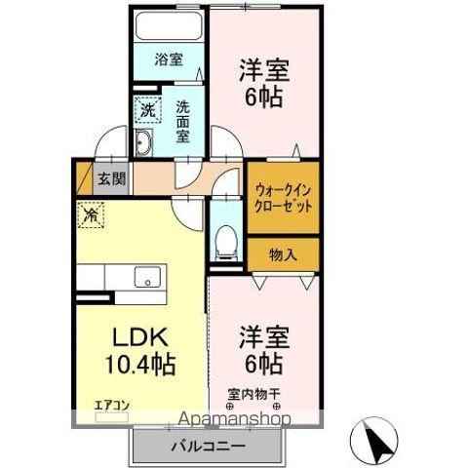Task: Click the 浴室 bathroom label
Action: pyautogui.click(x=169, y=59)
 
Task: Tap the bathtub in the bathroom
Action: pyautogui.click(x=170, y=26)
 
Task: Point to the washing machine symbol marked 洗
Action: pyautogui.click(x=147, y=110)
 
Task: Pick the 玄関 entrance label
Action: pyautogui.click(x=111, y=179)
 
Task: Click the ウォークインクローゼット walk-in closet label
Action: pyautogui.click(x=283, y=200)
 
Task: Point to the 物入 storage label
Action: pyautogui.click(x=283, y=254)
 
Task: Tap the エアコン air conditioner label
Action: pyautogui.click(x=111, y=405)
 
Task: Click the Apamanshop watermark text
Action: pyautogui.click(x=231, y=420)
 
